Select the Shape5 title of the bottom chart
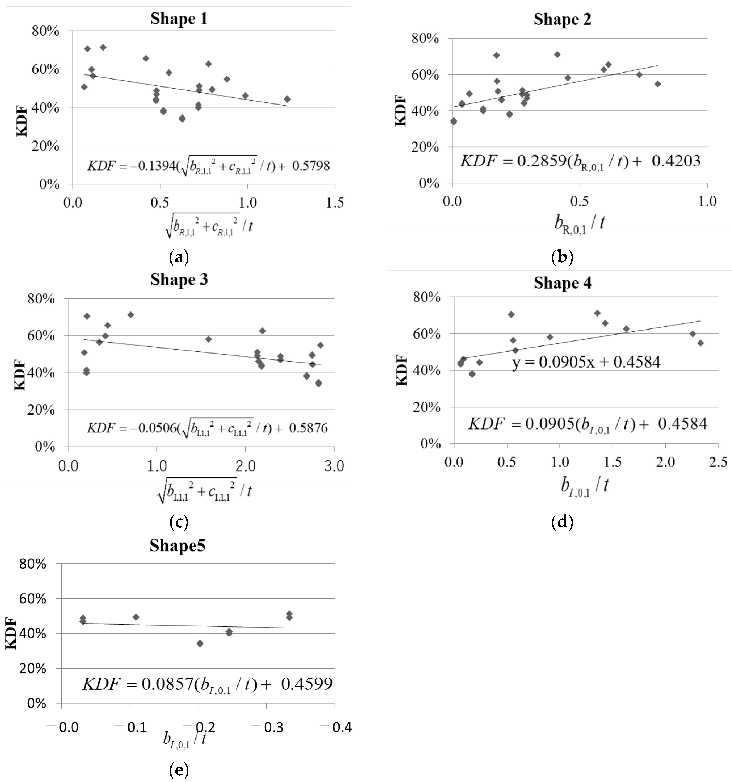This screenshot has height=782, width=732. (x=177, y=546)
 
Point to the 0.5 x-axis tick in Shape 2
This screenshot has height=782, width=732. (x=579, y=201)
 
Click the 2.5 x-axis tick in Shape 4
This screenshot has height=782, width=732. (x=718, y=462)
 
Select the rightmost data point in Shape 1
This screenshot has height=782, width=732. (x=287, y=99)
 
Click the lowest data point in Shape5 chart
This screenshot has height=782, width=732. (x=200, y=643)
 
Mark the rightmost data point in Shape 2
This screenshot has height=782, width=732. (x=657, y=84)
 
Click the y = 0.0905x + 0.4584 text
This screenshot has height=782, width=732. (x=586, y=362)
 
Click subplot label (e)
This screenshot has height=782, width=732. (x=179, y=770)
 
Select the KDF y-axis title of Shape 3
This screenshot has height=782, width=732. (x=20, y=376)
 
